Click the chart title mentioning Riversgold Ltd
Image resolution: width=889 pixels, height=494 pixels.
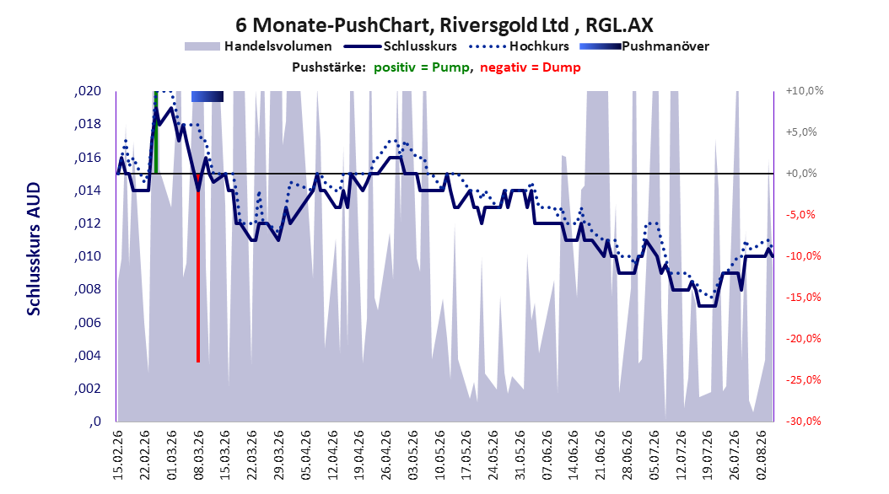point(444,25)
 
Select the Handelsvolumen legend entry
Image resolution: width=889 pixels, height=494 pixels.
point(258,46)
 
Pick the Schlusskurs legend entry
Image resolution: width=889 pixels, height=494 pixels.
point(401,46)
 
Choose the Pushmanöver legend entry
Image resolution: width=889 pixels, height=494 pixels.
point(644,46)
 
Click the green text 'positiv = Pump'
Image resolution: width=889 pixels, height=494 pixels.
point(422,67)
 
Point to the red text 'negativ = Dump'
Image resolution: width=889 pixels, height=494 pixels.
point(531,67)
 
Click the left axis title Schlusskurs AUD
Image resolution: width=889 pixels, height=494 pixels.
point(34,249)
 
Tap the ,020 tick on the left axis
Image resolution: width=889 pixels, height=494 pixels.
point(88,91)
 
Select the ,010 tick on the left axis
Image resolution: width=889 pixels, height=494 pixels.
point(88,256)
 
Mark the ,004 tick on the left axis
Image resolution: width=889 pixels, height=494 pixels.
point(88,355)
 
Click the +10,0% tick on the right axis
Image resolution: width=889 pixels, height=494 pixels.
point(805,91)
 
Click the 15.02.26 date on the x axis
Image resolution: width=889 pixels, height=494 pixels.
point(118,455)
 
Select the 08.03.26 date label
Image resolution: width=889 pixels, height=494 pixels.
point(198,455)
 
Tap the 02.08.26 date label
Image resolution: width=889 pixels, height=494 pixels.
point(762,455)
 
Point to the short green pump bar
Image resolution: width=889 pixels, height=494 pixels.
point(155,132)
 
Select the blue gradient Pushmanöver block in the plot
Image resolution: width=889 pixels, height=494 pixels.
point(207,96)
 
